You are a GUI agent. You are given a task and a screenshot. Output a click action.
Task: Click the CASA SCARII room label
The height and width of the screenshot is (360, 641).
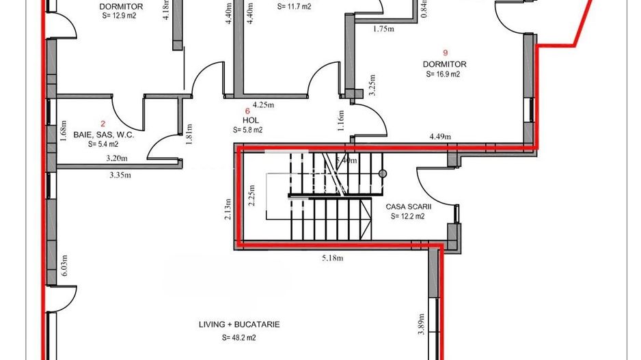(x=408, y=206)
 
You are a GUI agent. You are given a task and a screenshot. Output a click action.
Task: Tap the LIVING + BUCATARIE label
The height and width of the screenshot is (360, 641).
(x=239, y=324)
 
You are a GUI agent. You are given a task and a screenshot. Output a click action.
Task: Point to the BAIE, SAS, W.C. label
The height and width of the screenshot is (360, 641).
(x=104, y=135)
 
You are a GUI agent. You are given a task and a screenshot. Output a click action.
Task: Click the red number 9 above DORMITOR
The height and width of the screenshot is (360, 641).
(x=445, y=52)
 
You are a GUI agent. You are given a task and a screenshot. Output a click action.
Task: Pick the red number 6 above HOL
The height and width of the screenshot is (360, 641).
(x=247, y=109)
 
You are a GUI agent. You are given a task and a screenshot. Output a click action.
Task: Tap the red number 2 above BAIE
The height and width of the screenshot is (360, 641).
(x=103, y=124)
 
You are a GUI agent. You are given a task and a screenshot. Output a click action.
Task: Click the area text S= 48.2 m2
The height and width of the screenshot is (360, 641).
(x=239, y=337)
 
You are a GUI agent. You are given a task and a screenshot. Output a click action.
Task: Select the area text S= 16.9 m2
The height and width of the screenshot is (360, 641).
(x=443, y=74)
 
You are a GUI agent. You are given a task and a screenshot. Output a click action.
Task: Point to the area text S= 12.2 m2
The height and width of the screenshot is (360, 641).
(x=408, y=217)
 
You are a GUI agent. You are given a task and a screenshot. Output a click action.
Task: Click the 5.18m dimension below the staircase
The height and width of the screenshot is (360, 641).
(x=333, y=258)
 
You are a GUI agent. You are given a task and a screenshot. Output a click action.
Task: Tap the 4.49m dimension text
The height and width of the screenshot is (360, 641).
(x=440, y=137)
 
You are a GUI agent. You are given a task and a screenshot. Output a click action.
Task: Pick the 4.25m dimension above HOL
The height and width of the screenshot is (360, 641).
(x=263, y=105)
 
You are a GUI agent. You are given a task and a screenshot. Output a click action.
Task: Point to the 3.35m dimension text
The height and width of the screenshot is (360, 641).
(x=120, y=174)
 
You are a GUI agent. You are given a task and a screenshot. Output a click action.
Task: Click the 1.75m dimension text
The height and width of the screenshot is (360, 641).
(x=385, y=29)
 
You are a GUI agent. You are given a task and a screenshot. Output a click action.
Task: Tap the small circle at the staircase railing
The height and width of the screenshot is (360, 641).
(x=383, y=174)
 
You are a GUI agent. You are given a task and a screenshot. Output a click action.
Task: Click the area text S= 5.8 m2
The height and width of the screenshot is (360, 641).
(x=247, y=130)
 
